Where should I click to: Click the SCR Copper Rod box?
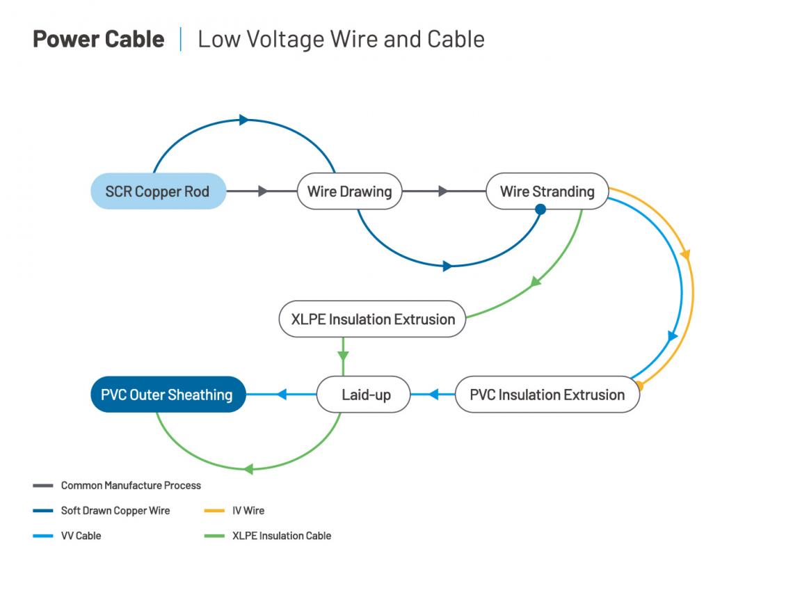point(158,191)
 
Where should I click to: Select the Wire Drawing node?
point(349,191)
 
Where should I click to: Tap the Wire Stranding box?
point(547,191)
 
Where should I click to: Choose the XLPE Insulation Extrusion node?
point(373,319)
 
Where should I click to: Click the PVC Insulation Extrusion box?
point(547,395)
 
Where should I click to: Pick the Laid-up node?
point(364,395)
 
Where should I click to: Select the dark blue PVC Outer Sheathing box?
point(168,395)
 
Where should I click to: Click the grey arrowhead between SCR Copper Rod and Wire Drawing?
point(263,191)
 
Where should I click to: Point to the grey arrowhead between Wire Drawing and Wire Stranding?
point(443,191)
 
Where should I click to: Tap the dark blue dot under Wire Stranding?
point(540,209)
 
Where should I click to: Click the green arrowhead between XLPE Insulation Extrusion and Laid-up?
point(342,356)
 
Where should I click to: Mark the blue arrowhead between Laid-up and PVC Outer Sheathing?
point(282,395)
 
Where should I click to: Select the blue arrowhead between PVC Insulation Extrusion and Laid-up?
point(433,395)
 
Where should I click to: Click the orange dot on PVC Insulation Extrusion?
point(639,384)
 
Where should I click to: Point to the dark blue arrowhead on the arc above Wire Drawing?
point(243,120)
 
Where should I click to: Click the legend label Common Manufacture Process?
point(131,485)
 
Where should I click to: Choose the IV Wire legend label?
point(248,510)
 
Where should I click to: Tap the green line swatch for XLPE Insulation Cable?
point(214,536)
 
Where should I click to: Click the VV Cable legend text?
point(81,536)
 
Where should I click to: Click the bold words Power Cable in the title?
point(99,39)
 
